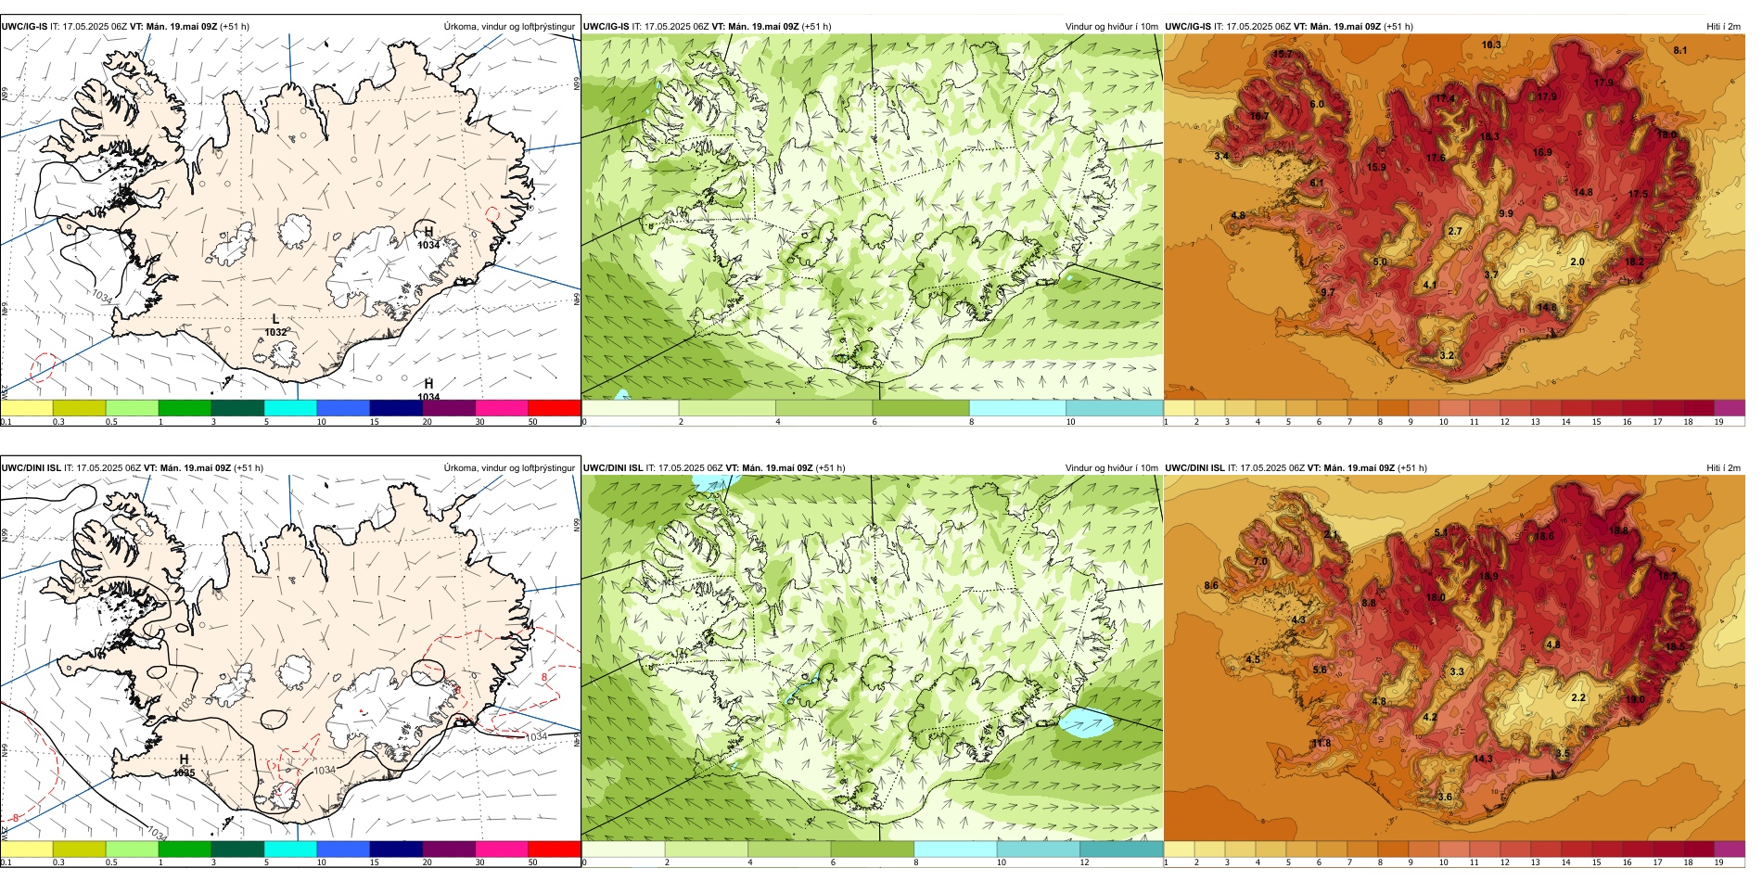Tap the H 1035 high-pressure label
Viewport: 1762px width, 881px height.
(x=184, y=766)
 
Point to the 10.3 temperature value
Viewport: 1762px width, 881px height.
(x=1491, y=45)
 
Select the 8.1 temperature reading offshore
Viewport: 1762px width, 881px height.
(x=1680, y=50)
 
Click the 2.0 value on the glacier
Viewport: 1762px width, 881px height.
(x=1577, y=262)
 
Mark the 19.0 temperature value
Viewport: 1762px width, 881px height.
(x=1634, y=700)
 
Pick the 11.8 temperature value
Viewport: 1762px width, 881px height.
(x=1321, y=743)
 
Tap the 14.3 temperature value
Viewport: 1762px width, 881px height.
(x=1483, y=759)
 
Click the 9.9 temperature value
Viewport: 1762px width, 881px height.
(x=1506, y=213)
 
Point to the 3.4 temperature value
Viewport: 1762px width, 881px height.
(x=1222, y=156)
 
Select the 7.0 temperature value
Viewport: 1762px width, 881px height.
(x=1260, y=561)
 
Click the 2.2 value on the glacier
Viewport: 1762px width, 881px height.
(x=1578, y=697)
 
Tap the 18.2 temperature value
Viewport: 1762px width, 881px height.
(x=1635, y=262)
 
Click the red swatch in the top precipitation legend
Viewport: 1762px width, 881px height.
(x=555, y=407)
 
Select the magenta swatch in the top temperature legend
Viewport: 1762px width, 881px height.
(x=1730, y=407)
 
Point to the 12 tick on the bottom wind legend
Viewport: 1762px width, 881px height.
(x=1085, y=862)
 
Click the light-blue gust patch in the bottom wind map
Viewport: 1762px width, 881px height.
(x=1086, y=722)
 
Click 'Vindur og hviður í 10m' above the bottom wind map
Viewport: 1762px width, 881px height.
(x=1111, y=468)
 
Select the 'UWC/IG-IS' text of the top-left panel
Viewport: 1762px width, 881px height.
(x=24, y=27)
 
